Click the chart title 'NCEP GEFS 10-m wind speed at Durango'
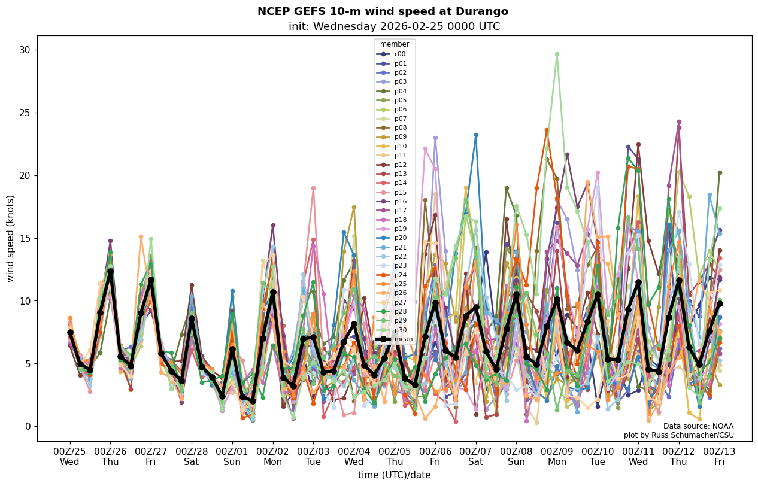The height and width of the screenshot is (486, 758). (383, 11)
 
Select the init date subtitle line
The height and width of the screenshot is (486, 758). (394, 26)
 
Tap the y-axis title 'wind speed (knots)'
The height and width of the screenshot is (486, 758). (10, 238)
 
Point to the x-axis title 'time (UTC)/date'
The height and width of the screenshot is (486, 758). (394, 475)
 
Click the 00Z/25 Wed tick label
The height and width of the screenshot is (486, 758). (69, 456)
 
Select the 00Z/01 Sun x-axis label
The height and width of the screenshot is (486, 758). (232, 456)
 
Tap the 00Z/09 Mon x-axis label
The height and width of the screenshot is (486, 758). (557, 456)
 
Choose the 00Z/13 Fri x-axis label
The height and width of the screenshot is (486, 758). (720, 456)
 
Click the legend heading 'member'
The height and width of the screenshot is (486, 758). (395, 44)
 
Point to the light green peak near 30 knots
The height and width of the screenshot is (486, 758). (557, 54)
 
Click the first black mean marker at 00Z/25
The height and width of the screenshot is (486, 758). (70, 332)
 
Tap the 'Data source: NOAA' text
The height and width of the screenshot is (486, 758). (698, 426)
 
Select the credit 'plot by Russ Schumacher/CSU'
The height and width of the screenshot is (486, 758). (678, 435)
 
